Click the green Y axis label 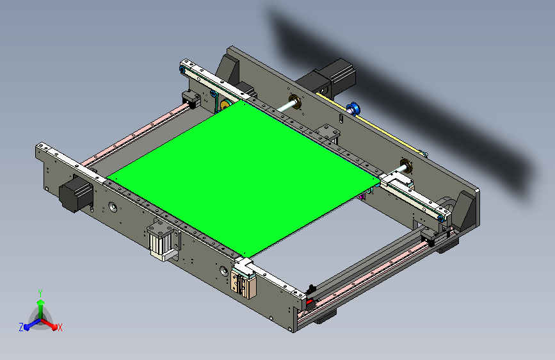pyautogui.click(x=40, y=292)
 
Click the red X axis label pyautogui.click(x=60, y=327)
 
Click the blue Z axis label pyautogui.click(x=21, y=327)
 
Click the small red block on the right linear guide pyautogui.click(x=310, y=300)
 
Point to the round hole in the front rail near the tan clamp pyautogui.click(x=223, y=270)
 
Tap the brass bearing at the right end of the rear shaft pyautogui.click(x=405, y=164)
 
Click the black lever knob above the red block pyautogui.click(x=311, y=288)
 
